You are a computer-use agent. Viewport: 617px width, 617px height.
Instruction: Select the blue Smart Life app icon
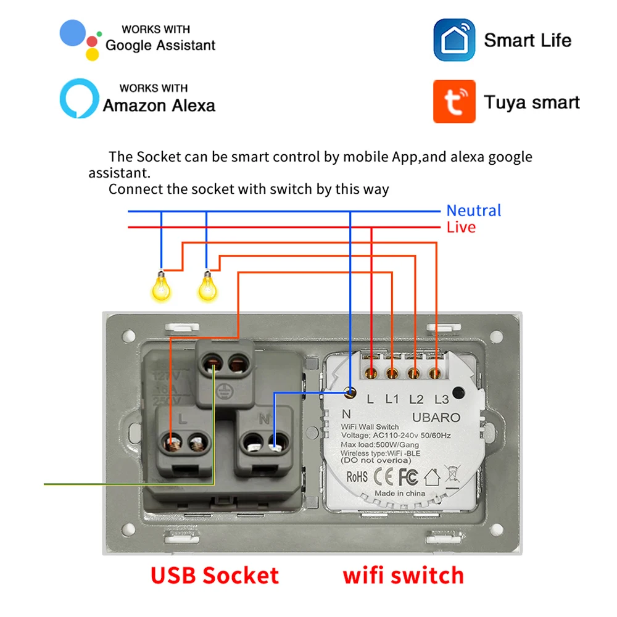(x=454, y=40)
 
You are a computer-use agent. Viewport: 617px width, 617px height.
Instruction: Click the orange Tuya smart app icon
(x=454, y=101)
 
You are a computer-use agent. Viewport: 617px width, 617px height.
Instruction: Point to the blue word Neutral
(x=473, y=210)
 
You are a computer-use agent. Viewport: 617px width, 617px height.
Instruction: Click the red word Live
(x=461, y=227)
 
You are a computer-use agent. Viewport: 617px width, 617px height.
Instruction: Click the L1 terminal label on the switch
(x=392, y=399)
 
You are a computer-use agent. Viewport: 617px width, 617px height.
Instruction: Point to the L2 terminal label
(x=416, y=399)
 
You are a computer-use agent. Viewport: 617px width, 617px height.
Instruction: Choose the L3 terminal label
(x=441, y=399)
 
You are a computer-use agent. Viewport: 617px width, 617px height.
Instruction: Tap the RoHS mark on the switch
(x=357, y=476)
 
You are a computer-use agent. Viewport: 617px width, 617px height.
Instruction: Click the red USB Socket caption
(x=214, y=575)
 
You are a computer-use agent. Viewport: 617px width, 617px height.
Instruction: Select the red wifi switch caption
(x=403, y=575)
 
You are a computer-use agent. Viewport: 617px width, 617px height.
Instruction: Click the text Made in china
(x=400, y=493)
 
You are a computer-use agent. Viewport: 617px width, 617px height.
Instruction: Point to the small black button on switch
(x=458, y=392)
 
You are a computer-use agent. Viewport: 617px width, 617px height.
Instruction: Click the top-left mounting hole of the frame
(x=128, y=336)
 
